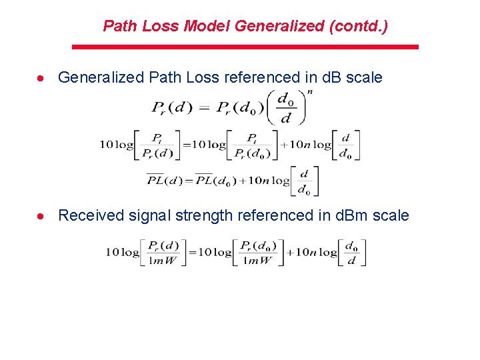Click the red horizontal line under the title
(x=245, y=47)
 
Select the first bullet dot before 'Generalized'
(x=41, y=78)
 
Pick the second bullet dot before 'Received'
(x=41, y=216)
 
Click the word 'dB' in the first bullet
(x=332, y=77)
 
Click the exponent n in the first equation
(x=309, y=92)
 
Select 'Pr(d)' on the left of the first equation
(x=173, y=106)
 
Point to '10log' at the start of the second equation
(x=117, y=145)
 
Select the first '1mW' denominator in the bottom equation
(x=163, y=261)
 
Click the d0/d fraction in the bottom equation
(x=352, y=253)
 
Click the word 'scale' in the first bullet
(x=364, y=77)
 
